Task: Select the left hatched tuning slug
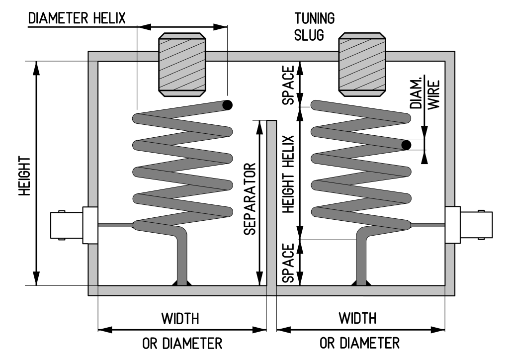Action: (x=181, y=64)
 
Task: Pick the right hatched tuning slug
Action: (x=362, y=64)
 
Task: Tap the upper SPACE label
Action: (x=288, y=84)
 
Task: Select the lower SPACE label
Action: (x=288, y=262)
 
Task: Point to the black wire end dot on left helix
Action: (x=228, y=105)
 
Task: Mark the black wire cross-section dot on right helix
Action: (x=407, y=145)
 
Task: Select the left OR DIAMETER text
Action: (x=182, y=344)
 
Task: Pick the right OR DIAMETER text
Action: (x=359, y=344)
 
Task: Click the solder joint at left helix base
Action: (x=180, y=283)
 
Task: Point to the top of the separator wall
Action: (x=271, y=122)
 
